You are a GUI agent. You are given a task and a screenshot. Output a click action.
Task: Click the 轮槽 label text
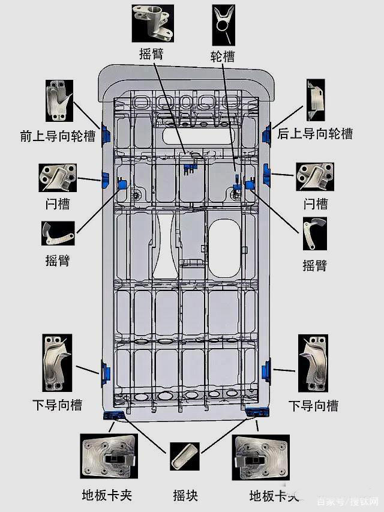[223, 57]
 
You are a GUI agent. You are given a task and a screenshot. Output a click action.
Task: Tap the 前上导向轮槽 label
[58, 137]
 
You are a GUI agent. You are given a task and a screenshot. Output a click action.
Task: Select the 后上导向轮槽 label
[315, 134]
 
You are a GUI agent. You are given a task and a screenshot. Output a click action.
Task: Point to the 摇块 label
[185, 496]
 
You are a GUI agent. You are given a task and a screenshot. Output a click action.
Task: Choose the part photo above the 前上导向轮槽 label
[59, 100]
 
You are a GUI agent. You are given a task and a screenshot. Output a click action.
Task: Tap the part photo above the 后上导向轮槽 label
[316, 98]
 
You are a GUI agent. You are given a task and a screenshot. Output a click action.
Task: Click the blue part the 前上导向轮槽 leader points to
[107, 134]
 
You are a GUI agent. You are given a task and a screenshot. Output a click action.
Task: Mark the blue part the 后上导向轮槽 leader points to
[267, 133]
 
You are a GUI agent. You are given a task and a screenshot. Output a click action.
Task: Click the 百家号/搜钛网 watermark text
[348, 502]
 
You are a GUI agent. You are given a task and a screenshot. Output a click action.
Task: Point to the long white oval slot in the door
[197, 136]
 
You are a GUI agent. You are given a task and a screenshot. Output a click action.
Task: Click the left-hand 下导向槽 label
[58, 405]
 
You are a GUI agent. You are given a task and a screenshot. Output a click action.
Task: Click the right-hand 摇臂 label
[315, 265]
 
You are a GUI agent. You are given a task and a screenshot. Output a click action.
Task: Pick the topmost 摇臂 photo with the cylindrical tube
[152, 23]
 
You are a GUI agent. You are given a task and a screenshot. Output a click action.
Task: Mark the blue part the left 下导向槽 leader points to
[106, 373]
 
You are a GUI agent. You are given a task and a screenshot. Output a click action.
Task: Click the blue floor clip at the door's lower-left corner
[114, 415]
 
